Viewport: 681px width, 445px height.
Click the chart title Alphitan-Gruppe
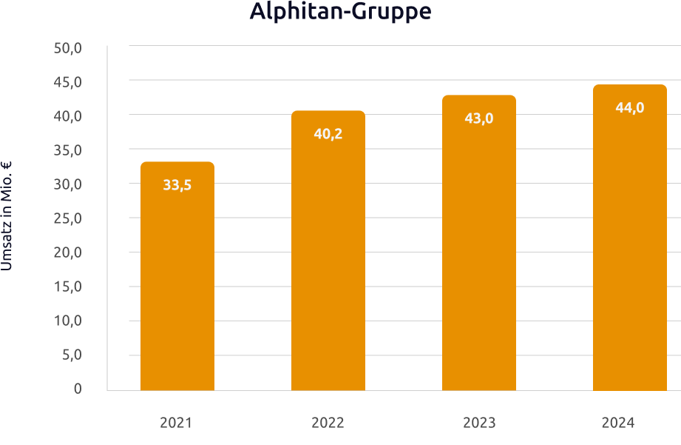pos(340,13)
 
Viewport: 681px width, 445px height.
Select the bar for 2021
pos(177,281)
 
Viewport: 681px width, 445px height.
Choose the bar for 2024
pos(630,244)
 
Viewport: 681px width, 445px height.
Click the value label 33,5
pos(177,185)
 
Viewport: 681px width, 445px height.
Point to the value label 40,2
pos(328,134)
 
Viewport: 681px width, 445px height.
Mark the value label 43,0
pos(479,118)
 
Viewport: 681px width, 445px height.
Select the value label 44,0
pos(630,107)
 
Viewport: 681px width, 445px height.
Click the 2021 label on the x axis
pos(176,423)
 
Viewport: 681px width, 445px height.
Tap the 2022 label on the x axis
pos(328,423)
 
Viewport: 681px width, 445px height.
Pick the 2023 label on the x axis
pos(479,423)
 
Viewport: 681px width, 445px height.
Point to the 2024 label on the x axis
pos(618,423)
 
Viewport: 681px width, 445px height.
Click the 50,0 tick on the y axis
pos(67,48)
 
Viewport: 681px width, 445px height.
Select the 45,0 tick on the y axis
pos(67,82)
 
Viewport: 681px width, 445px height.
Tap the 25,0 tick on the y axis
pos(67,218)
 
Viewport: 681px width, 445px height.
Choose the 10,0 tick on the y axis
pos(67,321)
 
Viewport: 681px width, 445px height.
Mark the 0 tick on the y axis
pos(78,389)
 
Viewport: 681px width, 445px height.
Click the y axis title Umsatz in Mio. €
pos(7,215)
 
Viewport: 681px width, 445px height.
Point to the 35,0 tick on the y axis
pos(67,150)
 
